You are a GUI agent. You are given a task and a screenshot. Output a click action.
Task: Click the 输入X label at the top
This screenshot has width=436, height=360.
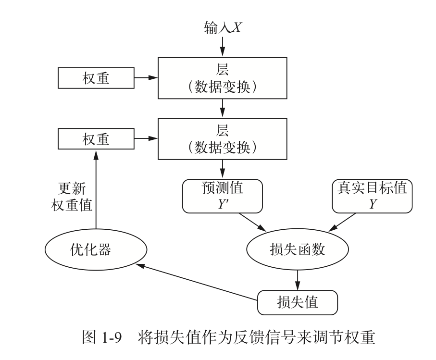coord(223,28)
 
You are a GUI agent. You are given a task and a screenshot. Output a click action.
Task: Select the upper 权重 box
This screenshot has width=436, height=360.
coord(96,78)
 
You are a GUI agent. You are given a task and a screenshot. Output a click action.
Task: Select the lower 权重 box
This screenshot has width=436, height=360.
coord(96,139)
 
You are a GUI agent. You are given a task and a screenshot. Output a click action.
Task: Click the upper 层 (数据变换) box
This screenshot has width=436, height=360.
coord(223,77)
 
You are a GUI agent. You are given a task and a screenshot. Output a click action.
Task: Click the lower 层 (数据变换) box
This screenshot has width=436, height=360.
coord(223,139)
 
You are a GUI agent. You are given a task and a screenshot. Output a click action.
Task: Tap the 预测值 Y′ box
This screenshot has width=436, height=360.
coord(223,196)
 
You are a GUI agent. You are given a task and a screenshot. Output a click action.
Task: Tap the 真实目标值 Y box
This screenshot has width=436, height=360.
coord(373,196)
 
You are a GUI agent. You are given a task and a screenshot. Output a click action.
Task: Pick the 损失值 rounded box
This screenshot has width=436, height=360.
coord(298,302)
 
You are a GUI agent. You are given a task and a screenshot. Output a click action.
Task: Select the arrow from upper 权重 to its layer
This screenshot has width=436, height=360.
coord(146,77)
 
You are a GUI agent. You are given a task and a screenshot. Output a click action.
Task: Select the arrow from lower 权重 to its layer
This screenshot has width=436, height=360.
coord(146,139)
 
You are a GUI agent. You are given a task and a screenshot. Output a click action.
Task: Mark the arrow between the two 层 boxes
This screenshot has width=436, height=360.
coord(223,108)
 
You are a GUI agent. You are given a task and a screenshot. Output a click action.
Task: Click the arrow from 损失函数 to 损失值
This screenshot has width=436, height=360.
coord(298,278)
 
